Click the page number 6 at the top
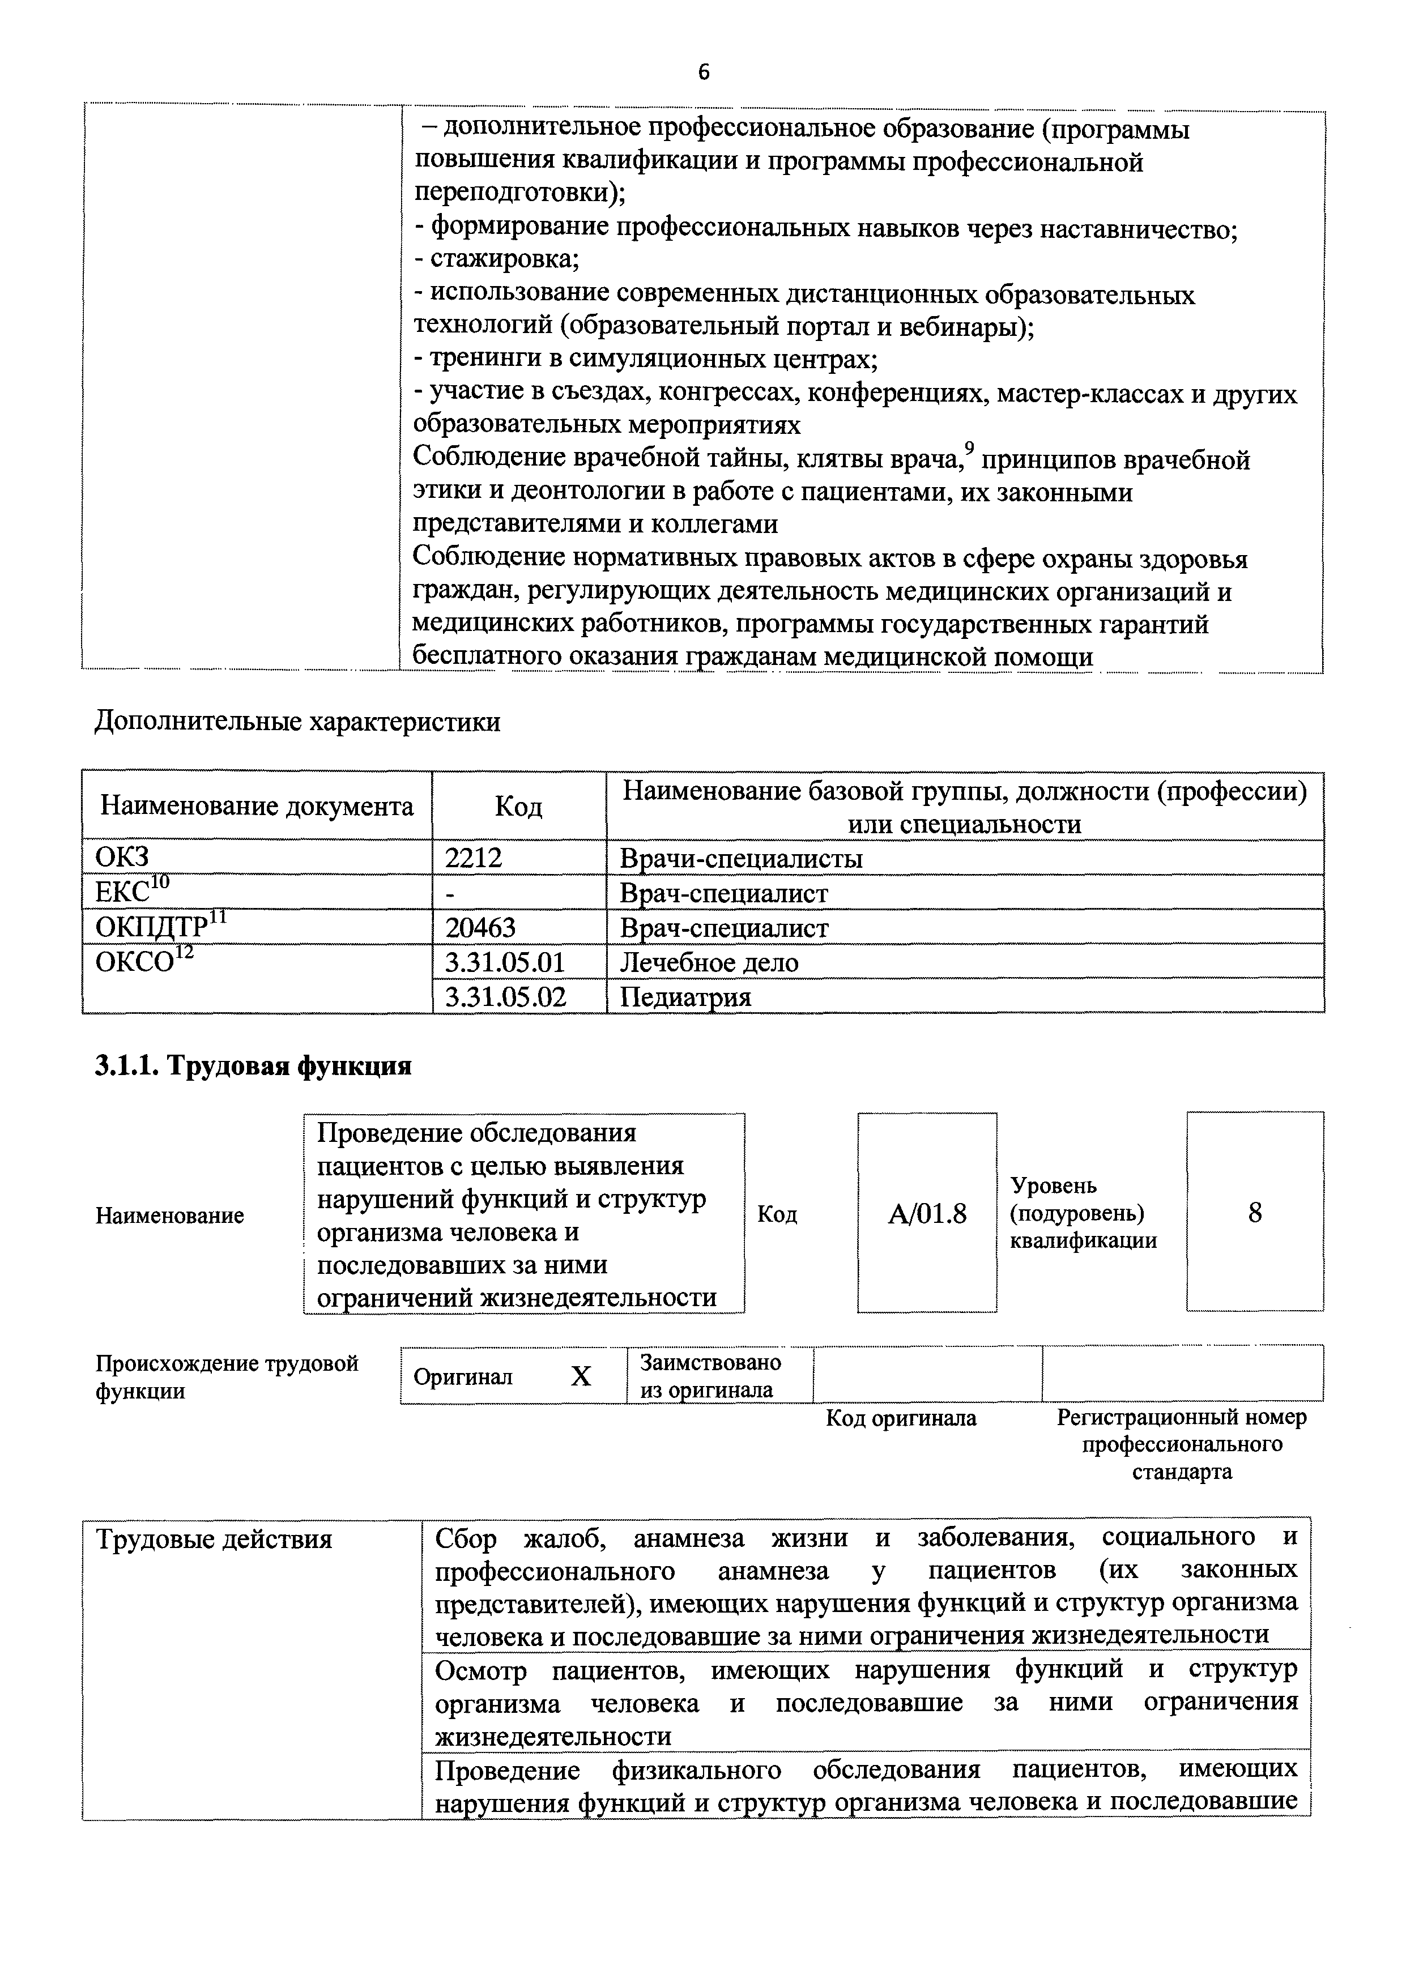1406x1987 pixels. tap(703, 73)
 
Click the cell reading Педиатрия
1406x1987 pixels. tap(685, 997)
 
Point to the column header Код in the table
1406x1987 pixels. tap(518, 807)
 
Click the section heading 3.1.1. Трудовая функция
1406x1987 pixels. tap(253, 1066)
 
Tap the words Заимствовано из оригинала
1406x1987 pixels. tap(710, 1376)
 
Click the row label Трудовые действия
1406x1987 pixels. tap(214, 1540)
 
